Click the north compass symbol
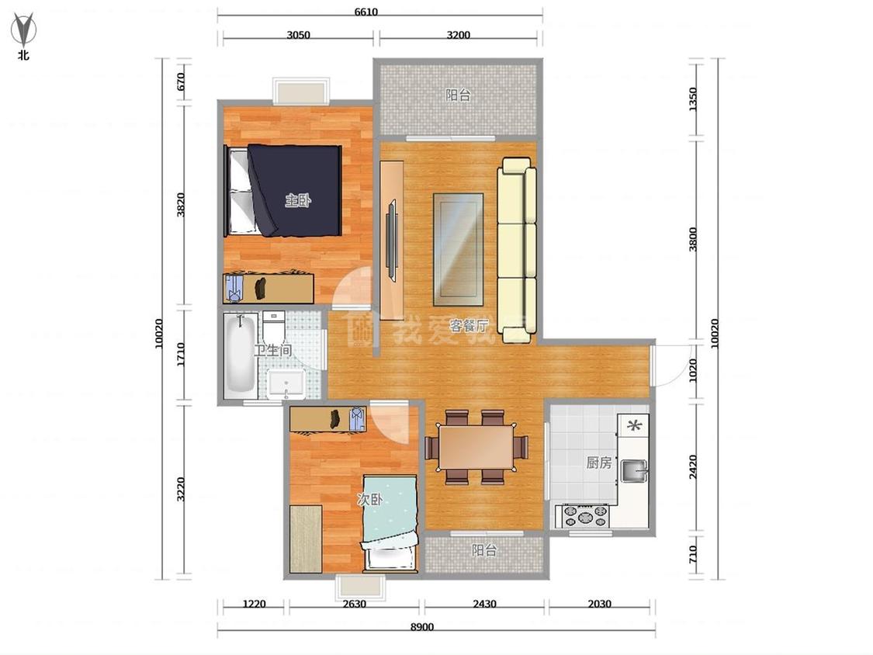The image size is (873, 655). click(23, 30)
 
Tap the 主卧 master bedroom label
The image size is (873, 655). click(298, 200)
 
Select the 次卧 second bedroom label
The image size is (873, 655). click(369, 500)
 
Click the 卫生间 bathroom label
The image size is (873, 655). click(273, 350)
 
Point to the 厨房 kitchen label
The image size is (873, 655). click(599, 463)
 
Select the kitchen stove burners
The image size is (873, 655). click(586, 516)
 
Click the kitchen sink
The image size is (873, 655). click(634, 470)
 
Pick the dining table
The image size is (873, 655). click(476, 448)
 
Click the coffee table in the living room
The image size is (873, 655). click(458, 250)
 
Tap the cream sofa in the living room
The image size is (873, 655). click(517, 250)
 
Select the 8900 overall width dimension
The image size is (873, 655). click(422, 627)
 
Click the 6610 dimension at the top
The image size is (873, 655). click(365, 12)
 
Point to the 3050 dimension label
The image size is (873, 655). click(299, 34)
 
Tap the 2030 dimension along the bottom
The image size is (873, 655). click(600, 604)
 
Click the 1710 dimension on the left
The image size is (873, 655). click(180, 354)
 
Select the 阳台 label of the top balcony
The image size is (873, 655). click(458, 95)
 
